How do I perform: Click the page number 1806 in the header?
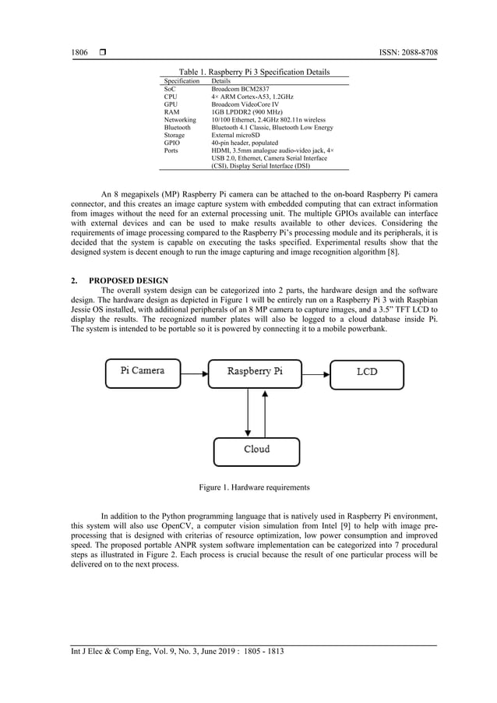click(79, 52)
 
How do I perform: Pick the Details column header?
click(221, 81)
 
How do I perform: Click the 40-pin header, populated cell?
click(245, 143)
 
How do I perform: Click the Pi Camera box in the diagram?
click(143, 373)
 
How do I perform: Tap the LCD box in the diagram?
click(367, 373)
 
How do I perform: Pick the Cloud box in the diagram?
click(256, 450)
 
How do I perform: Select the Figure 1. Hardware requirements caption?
click(254, 487)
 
